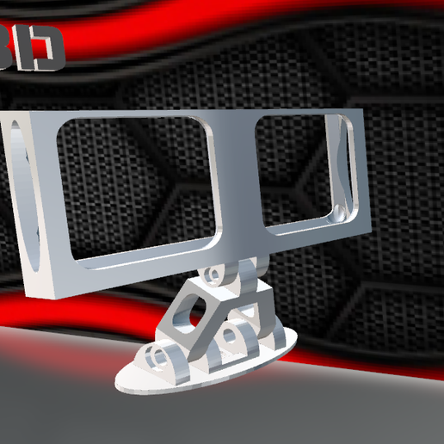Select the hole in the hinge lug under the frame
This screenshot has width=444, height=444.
point(212,276)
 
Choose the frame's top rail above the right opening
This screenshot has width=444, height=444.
point(301,113)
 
